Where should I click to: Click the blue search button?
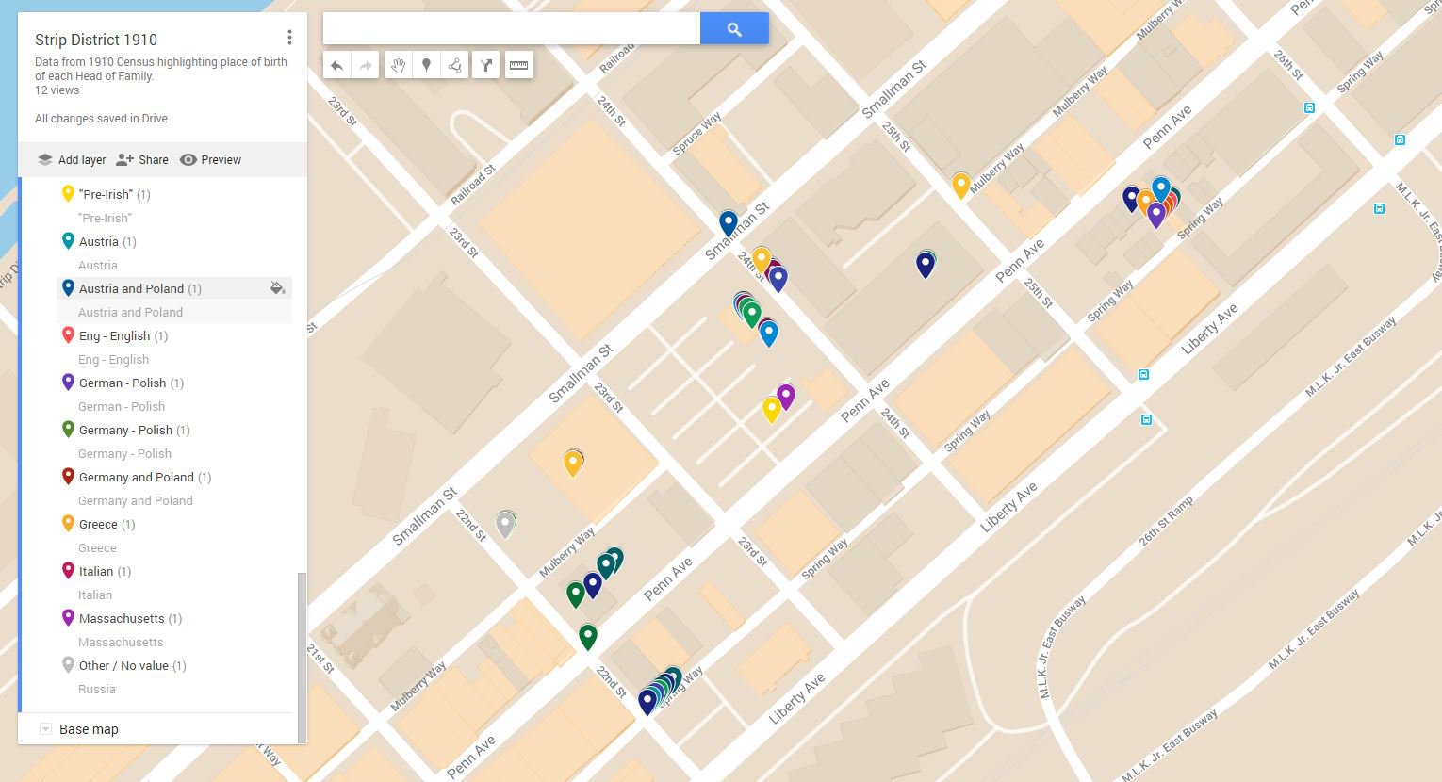coord(734,29)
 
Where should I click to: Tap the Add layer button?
coord(72,160)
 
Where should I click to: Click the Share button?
coord(142,160)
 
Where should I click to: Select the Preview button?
coord(210,160)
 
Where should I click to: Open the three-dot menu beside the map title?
coord(289,38)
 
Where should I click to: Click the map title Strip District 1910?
coord(96,40)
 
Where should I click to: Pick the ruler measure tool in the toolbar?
coord(518,65)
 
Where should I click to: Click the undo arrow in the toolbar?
coord(336,65)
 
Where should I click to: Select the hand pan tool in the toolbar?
coord(399,65)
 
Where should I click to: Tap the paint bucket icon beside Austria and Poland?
coord(277,288)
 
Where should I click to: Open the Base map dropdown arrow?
coord(45,729)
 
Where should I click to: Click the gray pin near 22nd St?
coord(505,523)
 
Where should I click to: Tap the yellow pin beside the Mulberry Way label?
coord(960,185)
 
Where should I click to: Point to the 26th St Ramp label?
coord(1165,521)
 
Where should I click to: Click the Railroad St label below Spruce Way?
coord(473,186)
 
